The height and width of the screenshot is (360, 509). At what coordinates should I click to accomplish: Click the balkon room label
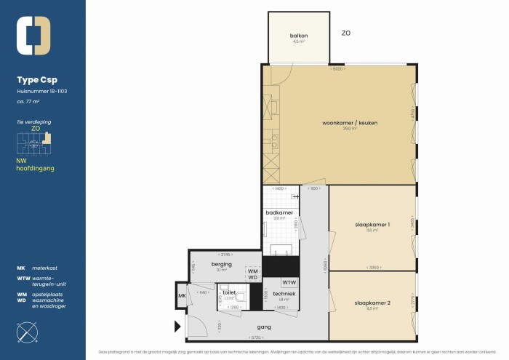click(x=298, y=36)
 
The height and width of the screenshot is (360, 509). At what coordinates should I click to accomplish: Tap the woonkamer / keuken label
click(x=340, y=123)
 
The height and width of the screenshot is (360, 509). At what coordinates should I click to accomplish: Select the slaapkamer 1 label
click(x=372, y=225)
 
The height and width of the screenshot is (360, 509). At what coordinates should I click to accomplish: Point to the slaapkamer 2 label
click(x=372, y=303)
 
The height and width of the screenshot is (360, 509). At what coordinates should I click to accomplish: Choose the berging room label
click(x=221, y=265)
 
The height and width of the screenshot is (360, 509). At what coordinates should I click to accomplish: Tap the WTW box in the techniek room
click(x=289, y=283)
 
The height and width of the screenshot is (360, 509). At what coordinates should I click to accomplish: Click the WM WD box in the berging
click(x=252, y=274)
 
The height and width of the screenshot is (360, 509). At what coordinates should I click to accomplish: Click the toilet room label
click(x=229, y=292)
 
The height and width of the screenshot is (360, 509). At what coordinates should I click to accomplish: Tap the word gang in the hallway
click(x=264, y=327)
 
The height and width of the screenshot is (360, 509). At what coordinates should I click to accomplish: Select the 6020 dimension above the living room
click(x=337, y=69)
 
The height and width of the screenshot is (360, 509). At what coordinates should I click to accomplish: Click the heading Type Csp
click(x=36, y=80)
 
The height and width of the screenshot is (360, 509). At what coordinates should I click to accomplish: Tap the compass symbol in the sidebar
click(x=28, y=332)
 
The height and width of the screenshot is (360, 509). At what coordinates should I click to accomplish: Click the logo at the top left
click(x=33, y=36)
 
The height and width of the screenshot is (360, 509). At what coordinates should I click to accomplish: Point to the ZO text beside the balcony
click(x=347, y=33)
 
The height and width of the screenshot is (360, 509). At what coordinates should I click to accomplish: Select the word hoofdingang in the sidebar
click(x=36, y=168)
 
